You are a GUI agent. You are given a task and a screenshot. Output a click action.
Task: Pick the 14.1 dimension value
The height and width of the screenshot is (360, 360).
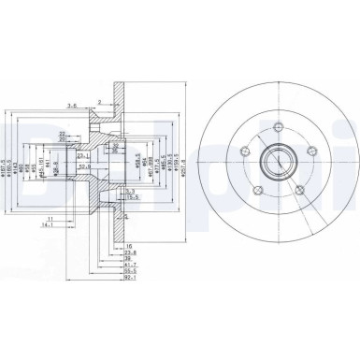click(47, 223)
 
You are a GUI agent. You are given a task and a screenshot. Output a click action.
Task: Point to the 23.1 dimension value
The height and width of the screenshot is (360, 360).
click(82, 155)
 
